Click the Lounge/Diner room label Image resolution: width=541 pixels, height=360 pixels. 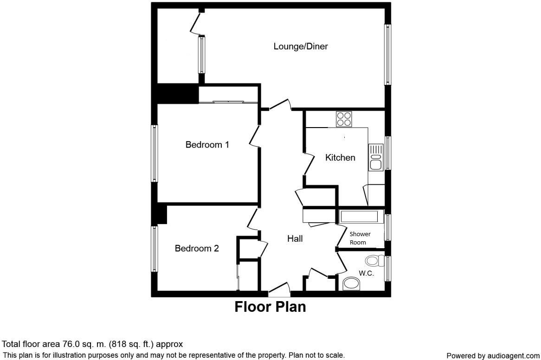click(x=301, y=46)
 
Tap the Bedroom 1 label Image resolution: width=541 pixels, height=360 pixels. click(x=207, y=145)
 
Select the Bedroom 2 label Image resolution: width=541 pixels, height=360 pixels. click(x=196, y=249)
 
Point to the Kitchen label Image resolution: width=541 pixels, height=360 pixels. click(x=340, y=158)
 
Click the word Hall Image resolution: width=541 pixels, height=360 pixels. click(x=295, y=239)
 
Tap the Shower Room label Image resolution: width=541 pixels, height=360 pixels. click(x=360, y=238)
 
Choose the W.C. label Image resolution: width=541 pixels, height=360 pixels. click(x=366, y=273)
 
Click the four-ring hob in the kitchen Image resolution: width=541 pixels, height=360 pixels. click(x=343, y=119)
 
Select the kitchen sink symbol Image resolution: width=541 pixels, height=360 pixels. click(x=375, y=157)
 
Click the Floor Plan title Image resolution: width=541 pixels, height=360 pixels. click(x=270, y=307)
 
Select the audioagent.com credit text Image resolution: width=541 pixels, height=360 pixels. click(x=493, y=356)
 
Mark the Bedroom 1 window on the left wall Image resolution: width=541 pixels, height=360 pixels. click(x=155, y=153)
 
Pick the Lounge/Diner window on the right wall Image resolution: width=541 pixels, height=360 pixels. click(x=387, y=54)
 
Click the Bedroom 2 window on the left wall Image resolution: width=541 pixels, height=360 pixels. click(x=155, y=248)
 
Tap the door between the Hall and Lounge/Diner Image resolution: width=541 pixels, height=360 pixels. click(x=280, y=105)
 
